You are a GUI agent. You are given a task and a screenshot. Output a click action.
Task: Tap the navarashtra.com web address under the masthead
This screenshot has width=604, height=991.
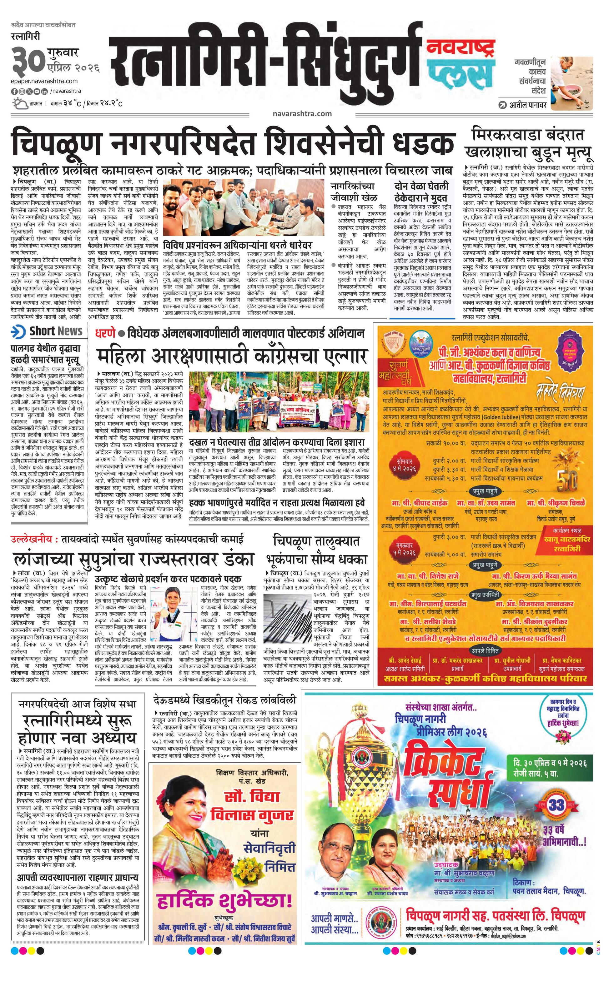302,113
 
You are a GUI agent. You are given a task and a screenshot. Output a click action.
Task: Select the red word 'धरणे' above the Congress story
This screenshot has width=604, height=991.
105,333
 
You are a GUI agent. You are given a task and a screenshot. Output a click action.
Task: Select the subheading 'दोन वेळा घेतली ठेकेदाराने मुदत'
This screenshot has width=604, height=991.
421,192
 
